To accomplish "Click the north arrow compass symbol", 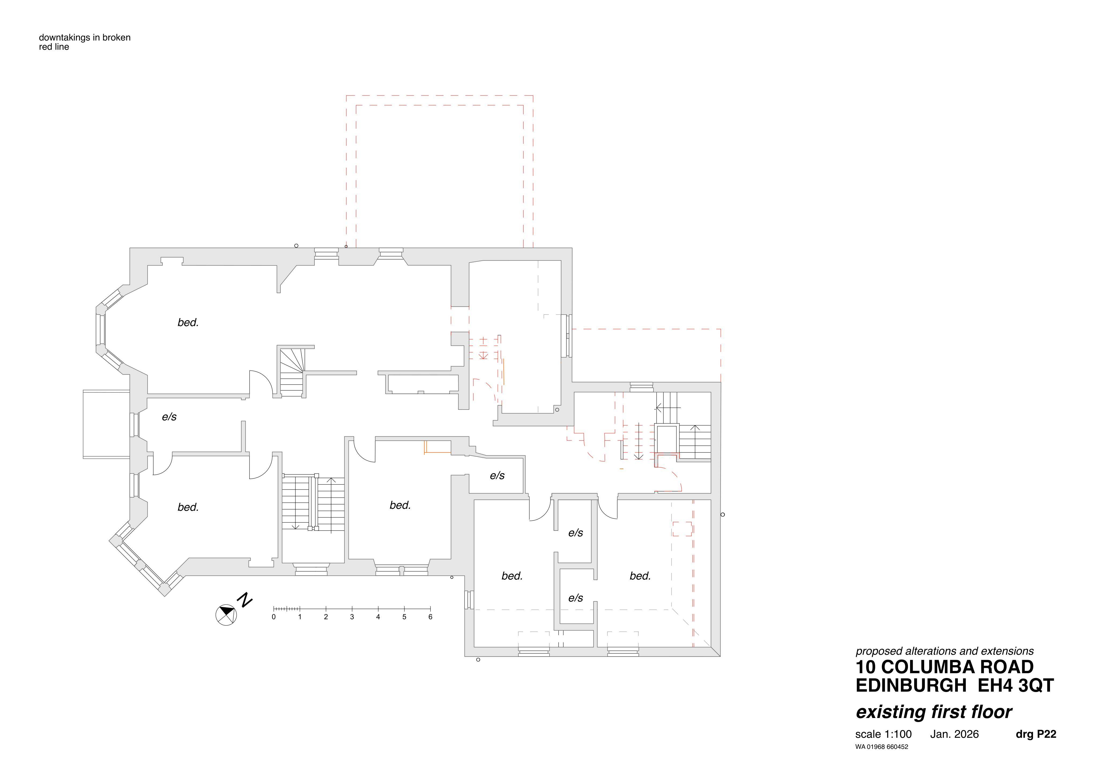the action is click(226, 615).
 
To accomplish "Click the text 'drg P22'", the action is click(1036, 734).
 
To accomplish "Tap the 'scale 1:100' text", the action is click(883, 734).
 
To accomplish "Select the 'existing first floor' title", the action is click(933, 712).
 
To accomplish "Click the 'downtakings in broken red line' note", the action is click(85, 42).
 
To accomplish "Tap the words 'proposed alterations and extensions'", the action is click(944, 651).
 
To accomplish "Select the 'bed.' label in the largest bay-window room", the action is click(188, 322).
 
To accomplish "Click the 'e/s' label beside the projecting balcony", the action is click(169, 417).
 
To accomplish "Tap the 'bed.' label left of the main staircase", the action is click(188, 507).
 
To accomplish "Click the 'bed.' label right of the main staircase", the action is click(400, 505).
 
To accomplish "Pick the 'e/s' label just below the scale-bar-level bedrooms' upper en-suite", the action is click(576, 598).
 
